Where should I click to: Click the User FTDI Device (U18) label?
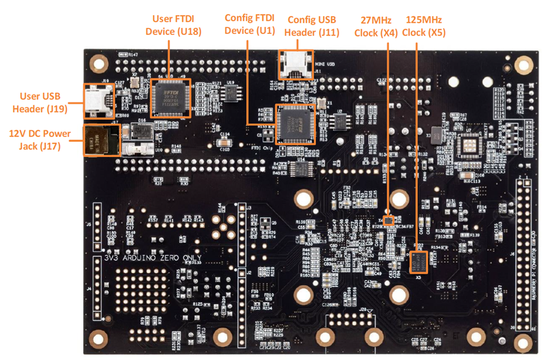coord(176,25)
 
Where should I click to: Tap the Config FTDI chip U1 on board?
coord(295,124)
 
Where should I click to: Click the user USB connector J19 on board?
coord(97,100)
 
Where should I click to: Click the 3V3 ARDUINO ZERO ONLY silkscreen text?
coord(152,257)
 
